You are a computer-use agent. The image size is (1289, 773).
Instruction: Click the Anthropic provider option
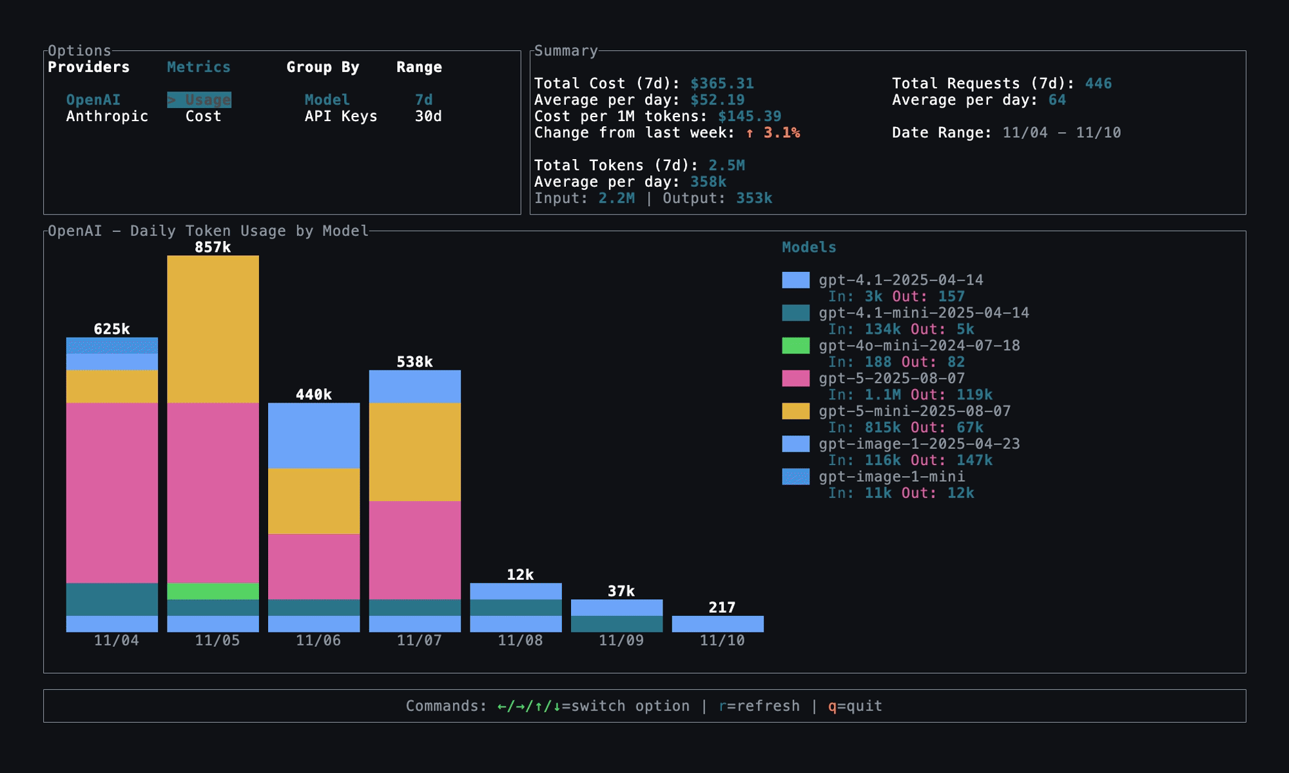point(107,117)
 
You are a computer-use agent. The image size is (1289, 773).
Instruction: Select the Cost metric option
point(203,117)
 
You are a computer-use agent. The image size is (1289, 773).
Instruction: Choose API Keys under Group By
point(340,117)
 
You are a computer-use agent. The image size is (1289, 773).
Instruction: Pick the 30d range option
point(428,117)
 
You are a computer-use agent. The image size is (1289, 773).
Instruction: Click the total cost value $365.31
point(721,84)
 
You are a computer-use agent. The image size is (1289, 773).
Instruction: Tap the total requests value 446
point(1098,84)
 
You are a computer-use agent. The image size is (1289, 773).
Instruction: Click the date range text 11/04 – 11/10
point(1061,133)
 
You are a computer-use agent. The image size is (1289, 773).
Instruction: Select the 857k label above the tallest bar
point(213,247)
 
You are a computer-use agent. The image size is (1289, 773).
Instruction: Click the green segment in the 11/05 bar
point(213,591)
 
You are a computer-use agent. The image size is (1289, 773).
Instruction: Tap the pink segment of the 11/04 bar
point(112,493)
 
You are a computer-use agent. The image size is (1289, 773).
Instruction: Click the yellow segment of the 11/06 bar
point(314,501)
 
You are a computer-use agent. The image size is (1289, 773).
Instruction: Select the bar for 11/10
point(717,624)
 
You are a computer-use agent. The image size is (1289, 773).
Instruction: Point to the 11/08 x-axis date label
point(519,640)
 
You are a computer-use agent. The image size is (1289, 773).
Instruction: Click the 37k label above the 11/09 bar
point(621,591)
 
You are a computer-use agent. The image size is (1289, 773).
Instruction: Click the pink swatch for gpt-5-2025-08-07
point(795,378)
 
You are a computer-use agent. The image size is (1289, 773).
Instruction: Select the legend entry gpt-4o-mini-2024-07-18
point(919,346)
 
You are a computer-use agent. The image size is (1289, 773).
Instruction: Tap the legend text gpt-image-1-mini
point(891,477)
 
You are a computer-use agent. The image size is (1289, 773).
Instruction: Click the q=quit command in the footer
point(855,706)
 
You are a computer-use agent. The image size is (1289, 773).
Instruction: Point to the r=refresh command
point(759,706)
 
